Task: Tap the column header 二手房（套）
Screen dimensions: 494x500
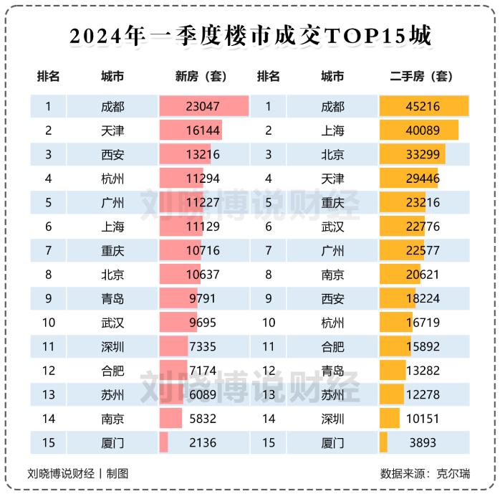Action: pos(422,76)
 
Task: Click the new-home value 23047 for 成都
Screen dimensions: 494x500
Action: pos(202,107)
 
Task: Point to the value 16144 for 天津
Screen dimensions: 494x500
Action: pos(202,130)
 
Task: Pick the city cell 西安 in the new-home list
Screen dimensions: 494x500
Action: pos(112,154)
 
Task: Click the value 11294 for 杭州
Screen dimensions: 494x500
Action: pos(202,179)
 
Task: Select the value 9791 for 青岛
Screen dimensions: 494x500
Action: pos(202,298)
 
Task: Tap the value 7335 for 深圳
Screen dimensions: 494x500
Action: pos(202,347)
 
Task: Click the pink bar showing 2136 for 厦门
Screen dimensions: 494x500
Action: pos(164,442)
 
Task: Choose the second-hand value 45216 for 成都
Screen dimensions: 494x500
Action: pos(423,107)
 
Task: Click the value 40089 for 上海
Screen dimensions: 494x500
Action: pos(423,130)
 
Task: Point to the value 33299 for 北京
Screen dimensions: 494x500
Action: pos(423,154)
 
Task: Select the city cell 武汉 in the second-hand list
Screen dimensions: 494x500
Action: pos(332,227)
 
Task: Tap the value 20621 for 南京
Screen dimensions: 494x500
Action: pos(423,275)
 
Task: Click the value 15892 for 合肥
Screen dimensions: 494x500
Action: pos(423,347)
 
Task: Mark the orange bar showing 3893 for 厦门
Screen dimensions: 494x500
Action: pos(384,442)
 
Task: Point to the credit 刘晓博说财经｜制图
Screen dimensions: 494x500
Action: pos(78,473)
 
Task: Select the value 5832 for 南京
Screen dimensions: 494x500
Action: pos(202,419)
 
